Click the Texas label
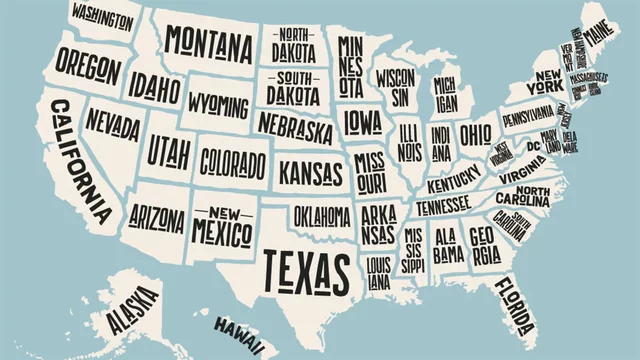[306, 267]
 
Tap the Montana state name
[208, 42]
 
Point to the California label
[81, 160]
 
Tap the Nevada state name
[112, 122]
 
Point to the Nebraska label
[294, 126]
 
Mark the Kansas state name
[310, 172]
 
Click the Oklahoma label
[322, 215]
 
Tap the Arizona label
[157, 218]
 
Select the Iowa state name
[362, 122]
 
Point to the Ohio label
[475, 134]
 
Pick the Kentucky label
[454, 185]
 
